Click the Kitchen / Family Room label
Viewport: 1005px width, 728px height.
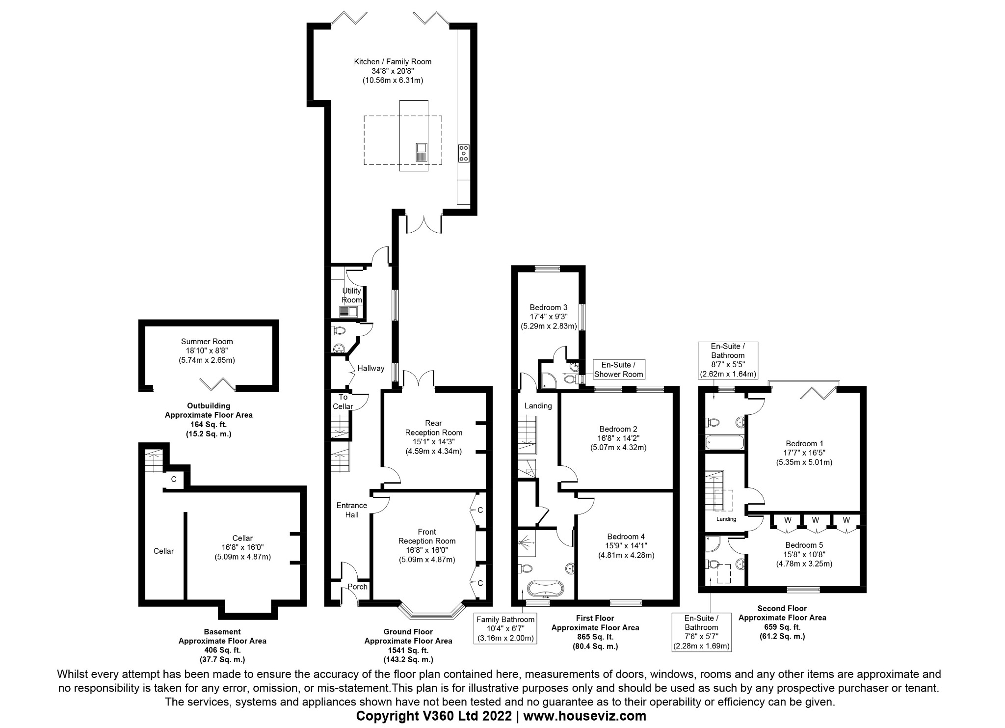pos(393,62)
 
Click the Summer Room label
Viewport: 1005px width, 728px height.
pos(207,342)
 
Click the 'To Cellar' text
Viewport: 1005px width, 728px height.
pos(343,402)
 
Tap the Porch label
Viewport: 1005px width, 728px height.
pos(357,587)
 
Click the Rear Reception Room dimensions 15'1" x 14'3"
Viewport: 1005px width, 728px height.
pos(433,442)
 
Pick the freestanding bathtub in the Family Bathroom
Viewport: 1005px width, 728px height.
pos(545,588)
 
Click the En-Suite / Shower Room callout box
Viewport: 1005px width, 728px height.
pos(618,370)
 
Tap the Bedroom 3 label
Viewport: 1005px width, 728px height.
pos(548,308)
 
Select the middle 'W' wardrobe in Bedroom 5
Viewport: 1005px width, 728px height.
pos(815,520)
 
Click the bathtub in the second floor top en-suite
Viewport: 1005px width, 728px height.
pos(724,443)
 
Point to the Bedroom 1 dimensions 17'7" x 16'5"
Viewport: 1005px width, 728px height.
pos(804,453)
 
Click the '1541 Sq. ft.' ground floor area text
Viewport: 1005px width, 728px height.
pos(408,650)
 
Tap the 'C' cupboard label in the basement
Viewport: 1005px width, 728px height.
pos(173,479)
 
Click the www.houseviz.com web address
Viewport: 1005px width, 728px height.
pos(584,716)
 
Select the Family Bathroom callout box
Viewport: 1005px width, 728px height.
pos(505,629)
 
